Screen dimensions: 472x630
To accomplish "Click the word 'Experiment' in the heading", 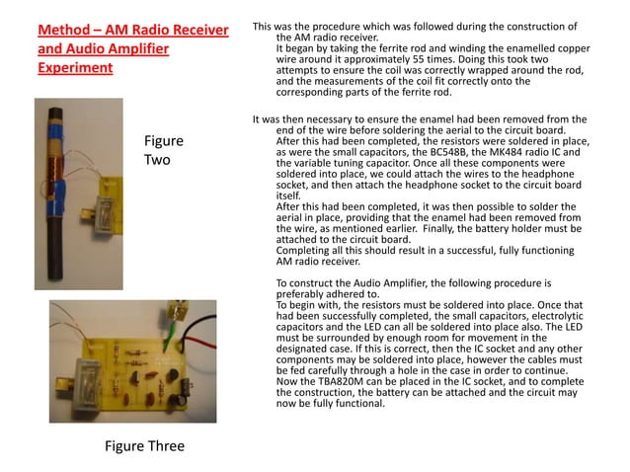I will pyautogui.click(x=75, y=69).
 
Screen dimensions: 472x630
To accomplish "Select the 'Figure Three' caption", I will pyautogui.click(x=144, y=445).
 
